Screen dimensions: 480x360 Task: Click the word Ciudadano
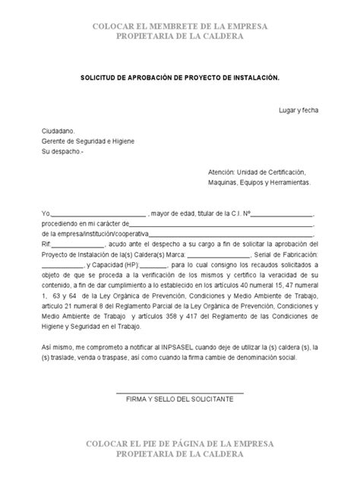point(58,131)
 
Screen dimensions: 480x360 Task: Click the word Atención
point(221,172)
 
